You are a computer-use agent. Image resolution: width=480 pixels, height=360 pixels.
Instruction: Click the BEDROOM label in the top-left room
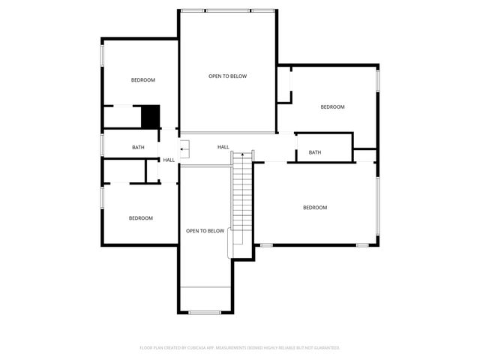click(142, 80)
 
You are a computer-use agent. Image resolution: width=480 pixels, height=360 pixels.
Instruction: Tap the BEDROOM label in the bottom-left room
click(140, 218)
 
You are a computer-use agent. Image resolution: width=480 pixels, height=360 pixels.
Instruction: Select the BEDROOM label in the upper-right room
click(332, 107)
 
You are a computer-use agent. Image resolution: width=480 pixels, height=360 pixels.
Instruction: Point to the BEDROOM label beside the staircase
click(315, 208)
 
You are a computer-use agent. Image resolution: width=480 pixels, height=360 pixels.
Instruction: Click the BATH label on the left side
click(138, 148)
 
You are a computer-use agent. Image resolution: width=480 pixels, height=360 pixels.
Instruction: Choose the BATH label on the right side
click(315, 153)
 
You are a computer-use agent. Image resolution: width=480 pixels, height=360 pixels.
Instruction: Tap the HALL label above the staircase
click(223, 147)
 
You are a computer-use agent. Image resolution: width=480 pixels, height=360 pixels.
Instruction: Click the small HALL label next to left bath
click(169, 160)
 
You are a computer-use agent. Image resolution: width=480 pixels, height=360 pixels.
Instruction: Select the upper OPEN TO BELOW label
click(227, 76)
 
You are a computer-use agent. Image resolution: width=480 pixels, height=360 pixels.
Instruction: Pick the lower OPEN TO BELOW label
click(205, 231)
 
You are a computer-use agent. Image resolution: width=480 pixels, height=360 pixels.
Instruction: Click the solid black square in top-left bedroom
click(151, 116)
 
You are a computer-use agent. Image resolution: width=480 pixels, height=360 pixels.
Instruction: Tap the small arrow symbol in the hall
click(183, 151)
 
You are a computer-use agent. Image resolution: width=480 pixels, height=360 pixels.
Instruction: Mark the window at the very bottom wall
click(204, 312)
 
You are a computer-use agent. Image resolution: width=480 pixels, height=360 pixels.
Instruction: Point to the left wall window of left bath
click(103, 145)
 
